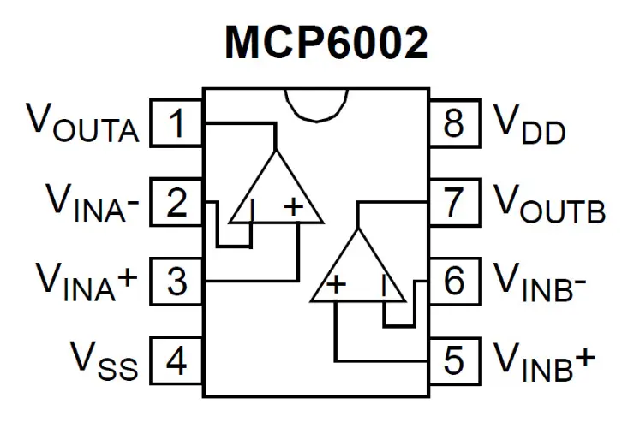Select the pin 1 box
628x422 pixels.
[x=176, y=125]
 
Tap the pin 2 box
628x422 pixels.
[x=176, y=204]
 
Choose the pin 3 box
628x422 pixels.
[x=176, y=282]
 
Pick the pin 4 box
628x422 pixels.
[x=176, y=361]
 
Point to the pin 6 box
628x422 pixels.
[x=453, y=282]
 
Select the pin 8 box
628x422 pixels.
[x=453, y=125]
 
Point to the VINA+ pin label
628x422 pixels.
[x=87, y=282]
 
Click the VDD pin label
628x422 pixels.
[x=530, y=125]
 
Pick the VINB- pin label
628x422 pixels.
[x=540, y=282]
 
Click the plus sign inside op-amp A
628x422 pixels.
[x=294, y=206]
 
